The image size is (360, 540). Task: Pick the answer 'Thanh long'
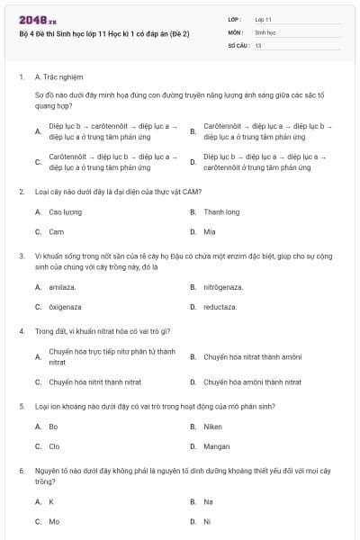(220, 212)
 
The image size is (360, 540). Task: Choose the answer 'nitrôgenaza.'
(223, 287)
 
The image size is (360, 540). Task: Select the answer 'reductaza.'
(220, 306)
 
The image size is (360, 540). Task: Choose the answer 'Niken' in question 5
(212, 427)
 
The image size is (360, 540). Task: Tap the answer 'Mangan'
(216, 445)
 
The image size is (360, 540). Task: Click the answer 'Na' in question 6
(208, 501)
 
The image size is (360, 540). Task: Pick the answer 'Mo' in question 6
(54, 520)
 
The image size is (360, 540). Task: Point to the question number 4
(21, 330)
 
